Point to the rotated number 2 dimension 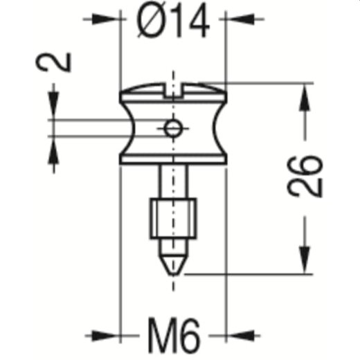[61, 61]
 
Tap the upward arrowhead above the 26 [303, 97]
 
